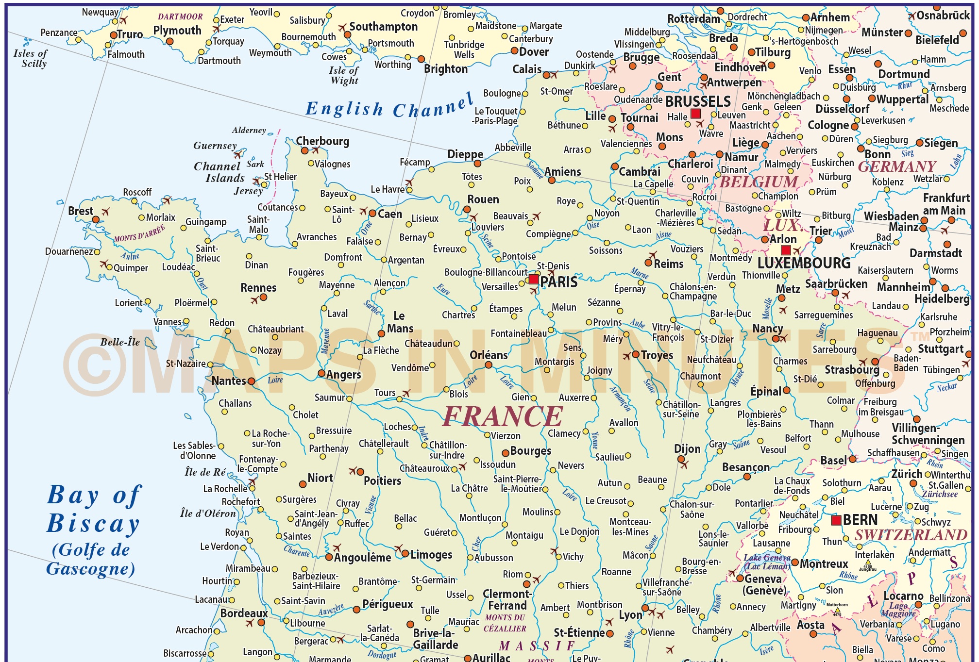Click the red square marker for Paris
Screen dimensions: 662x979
(x=534, y=279)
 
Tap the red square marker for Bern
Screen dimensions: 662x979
(x=836, y=520)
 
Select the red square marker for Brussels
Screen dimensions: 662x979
(x=695, y=114)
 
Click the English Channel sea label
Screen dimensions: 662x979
(x=389, y=107)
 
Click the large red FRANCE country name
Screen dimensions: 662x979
(x=503, y=416)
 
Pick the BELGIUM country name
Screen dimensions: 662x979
(x=759, y=182)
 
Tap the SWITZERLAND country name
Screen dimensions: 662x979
(x=911, y=535)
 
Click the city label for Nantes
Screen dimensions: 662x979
(x=229, y=381)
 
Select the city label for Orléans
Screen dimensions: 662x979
(x=489, y=355)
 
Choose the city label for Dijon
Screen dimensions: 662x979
(x=687, y=449)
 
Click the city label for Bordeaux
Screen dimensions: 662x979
(x=244, y=613)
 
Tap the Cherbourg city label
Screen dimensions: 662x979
(x=322, y=141)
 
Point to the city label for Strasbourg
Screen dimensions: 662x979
(x=852, y=370)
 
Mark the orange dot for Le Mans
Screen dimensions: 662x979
(x=382, y=333)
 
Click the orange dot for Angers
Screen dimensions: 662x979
(x=321, y=373)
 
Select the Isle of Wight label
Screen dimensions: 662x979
(x=344, y=75)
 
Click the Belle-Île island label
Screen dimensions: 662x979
(x=120, y=342)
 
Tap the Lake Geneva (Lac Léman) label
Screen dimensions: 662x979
(x=767, y=562)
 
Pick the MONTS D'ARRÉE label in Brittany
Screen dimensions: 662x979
(x=140, y=234)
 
